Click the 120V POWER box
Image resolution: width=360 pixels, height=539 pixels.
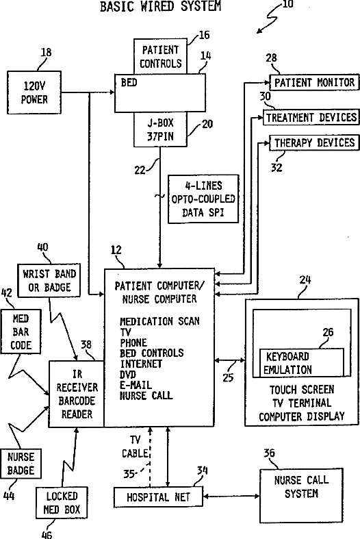coord(34,92)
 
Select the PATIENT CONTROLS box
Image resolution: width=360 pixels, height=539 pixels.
coord(160,56)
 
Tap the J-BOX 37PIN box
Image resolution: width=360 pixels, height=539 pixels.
coord(160,129)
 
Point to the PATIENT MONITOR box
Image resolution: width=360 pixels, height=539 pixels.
coord(314,82)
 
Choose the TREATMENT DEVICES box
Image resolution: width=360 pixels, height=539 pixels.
coord(311,118)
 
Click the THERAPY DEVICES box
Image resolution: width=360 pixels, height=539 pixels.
coord(314,142)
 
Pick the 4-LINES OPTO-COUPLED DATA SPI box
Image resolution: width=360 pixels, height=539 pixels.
coord(203,199)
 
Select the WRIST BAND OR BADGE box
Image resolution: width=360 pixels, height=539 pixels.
coord(49,280)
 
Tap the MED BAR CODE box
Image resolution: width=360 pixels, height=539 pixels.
coord(21,331)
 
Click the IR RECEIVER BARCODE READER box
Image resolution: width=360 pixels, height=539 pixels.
coord(77,394)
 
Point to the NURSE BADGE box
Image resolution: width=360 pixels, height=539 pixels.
coord(21,464)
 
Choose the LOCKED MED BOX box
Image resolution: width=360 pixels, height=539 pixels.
coord(62,503)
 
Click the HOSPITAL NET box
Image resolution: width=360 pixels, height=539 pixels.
coord(158,497)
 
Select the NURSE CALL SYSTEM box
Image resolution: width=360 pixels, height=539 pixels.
coord(301,494)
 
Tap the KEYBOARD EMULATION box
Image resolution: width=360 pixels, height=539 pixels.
coord(301,363)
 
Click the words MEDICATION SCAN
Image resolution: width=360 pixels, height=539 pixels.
coord(159,321)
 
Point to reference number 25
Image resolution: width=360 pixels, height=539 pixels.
coord(228,377)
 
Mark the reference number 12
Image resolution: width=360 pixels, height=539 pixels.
coord(116,250)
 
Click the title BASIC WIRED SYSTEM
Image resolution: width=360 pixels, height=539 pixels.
coord(160,6)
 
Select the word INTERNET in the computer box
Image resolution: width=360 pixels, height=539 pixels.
coord(141,364)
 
